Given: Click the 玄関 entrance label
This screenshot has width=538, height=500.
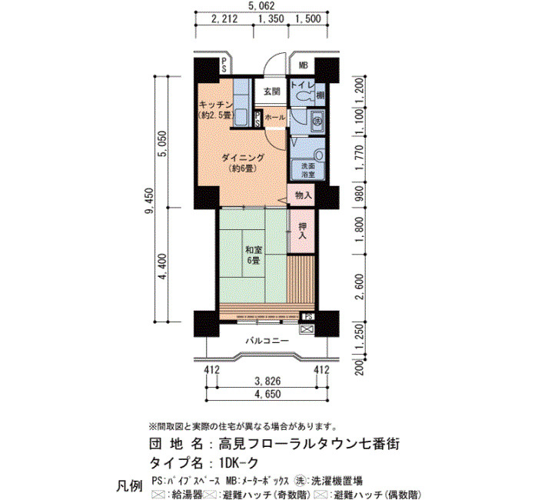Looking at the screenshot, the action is [x=272, y=92].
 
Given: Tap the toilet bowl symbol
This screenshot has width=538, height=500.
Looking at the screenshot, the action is [x=304, y=96].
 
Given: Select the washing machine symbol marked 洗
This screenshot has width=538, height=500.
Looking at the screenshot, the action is [x=317, y=121].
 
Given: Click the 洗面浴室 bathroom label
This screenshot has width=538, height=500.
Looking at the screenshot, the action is [x=307, y=170].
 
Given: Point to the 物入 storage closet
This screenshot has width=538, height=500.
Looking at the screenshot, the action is [x=304, y=195].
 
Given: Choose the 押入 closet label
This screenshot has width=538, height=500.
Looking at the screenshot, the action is [x=303, y=231].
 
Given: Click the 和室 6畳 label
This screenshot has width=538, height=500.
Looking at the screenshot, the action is [x=254, y=255].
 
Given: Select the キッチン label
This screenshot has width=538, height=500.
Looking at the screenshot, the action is [x=216, y=105].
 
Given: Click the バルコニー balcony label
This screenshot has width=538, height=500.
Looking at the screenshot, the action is [x=267, y=341].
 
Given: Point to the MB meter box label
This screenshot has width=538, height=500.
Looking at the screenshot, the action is [x=303, y=65].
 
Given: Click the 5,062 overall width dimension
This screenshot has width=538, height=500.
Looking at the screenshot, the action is [x=261, y=5].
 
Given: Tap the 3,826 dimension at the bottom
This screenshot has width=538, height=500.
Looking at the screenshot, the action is [x=267, y=381].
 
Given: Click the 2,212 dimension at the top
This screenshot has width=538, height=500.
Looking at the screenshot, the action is [x=224, y=18].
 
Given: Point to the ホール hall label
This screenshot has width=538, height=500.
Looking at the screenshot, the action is [x=275, y=117].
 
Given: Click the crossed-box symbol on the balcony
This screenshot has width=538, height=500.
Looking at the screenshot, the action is [x=307, y=330].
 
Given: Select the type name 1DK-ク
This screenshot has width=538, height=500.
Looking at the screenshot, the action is [x=238, y=463].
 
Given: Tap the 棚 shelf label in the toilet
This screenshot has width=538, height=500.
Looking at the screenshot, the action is [x=320, y=95].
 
